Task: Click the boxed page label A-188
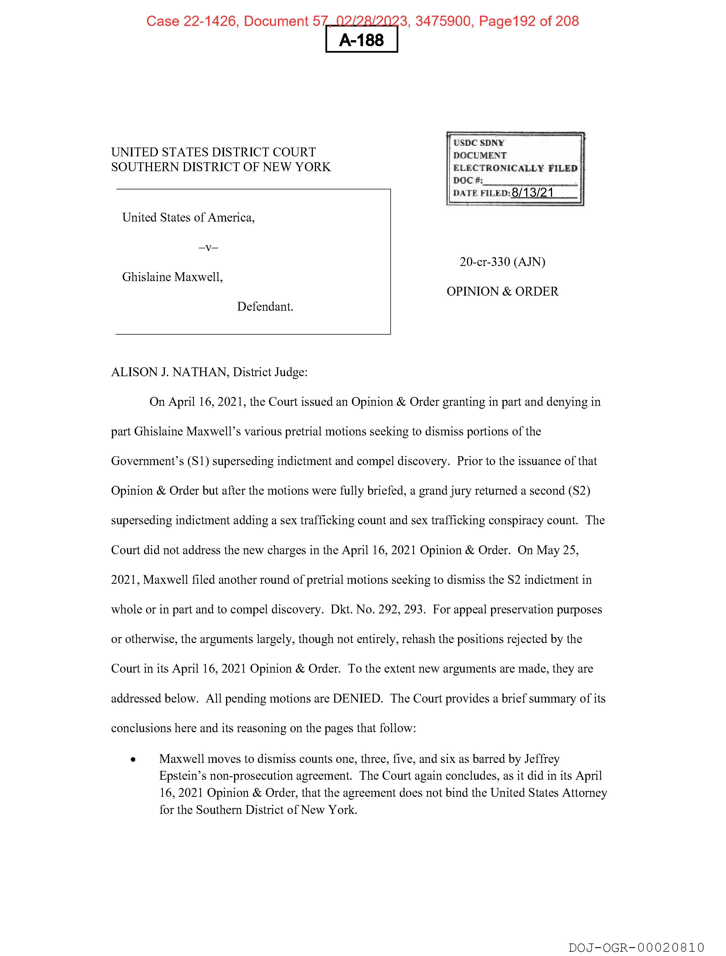click(x=361, y=40)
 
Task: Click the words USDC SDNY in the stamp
click(x=479, y=143)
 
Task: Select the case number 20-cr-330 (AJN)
click(x=502, y=262)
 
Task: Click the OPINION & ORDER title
click(x=502, y=291)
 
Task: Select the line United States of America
click(x=188, y=217)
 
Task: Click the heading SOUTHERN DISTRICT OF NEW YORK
click(x=221, y=167)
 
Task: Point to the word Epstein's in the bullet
click(x=182, y=776)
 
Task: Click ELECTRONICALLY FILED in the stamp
click(x=515, y=168)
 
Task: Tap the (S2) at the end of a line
click(x=579, y=491)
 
